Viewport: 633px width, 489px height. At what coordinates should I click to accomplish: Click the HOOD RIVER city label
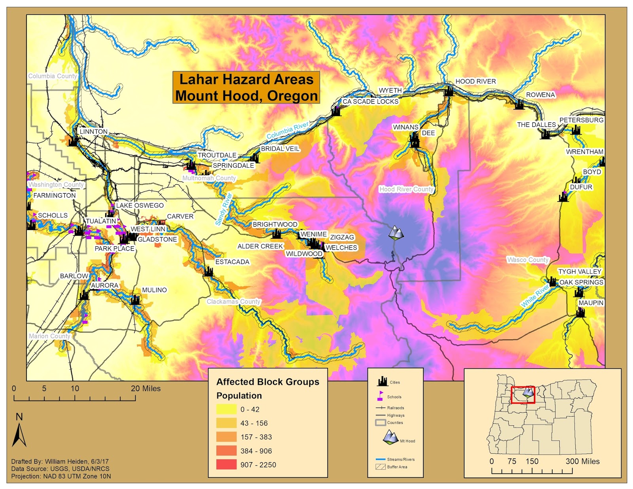pos(475,81)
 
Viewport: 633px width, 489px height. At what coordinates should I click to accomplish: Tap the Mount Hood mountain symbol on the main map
pos(396,233)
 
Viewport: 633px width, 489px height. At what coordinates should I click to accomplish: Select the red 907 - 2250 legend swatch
pos(226,464)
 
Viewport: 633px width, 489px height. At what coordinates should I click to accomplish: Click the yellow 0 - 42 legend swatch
pos(226,410)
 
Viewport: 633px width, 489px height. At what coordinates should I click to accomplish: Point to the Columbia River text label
pos(287,130)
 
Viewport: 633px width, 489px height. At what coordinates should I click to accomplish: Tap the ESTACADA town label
pos(232,262)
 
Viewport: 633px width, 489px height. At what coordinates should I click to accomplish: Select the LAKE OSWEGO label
pos(140,206)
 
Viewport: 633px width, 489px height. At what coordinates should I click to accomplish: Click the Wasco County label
pos(528,260)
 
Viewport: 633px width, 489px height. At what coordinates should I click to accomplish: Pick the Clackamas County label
pos(233,302)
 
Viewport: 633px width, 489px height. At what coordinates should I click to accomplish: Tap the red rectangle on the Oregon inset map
pos(522,395)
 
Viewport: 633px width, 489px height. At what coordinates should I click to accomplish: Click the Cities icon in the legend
pos(382,381)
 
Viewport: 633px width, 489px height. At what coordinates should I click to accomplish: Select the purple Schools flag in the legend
pos(380,396)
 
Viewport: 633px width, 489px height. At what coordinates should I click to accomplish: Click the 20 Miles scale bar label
pos(146,389)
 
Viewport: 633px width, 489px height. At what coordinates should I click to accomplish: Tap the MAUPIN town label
pos(591,303)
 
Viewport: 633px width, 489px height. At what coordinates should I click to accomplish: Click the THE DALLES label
pos(536,125)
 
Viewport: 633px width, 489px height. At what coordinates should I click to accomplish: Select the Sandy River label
pos(224,210)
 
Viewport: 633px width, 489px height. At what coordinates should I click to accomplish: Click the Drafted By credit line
pos(60,461)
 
